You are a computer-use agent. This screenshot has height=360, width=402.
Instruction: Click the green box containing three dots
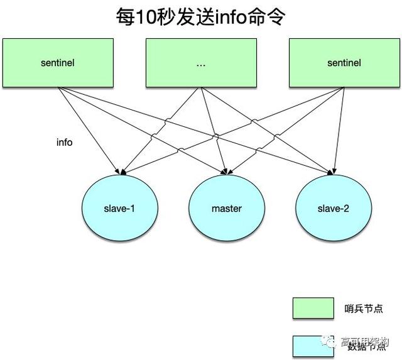point(202,63)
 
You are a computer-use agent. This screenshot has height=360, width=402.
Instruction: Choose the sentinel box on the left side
point(58,63)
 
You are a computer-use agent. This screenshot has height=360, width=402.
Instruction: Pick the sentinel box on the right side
point(344,63)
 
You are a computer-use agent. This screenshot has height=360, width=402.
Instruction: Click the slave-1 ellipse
point(118,209)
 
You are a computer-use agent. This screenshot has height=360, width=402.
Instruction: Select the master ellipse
point(225,209)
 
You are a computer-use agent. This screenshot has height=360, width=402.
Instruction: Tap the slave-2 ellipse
point(333,209)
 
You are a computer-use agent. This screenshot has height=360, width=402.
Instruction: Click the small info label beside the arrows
point(64,143)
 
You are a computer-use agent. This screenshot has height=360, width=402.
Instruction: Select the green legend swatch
point(313,308)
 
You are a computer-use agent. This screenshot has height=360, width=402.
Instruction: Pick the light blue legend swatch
point(313,346)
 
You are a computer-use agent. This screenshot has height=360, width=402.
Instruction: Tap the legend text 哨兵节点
point(364,308)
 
